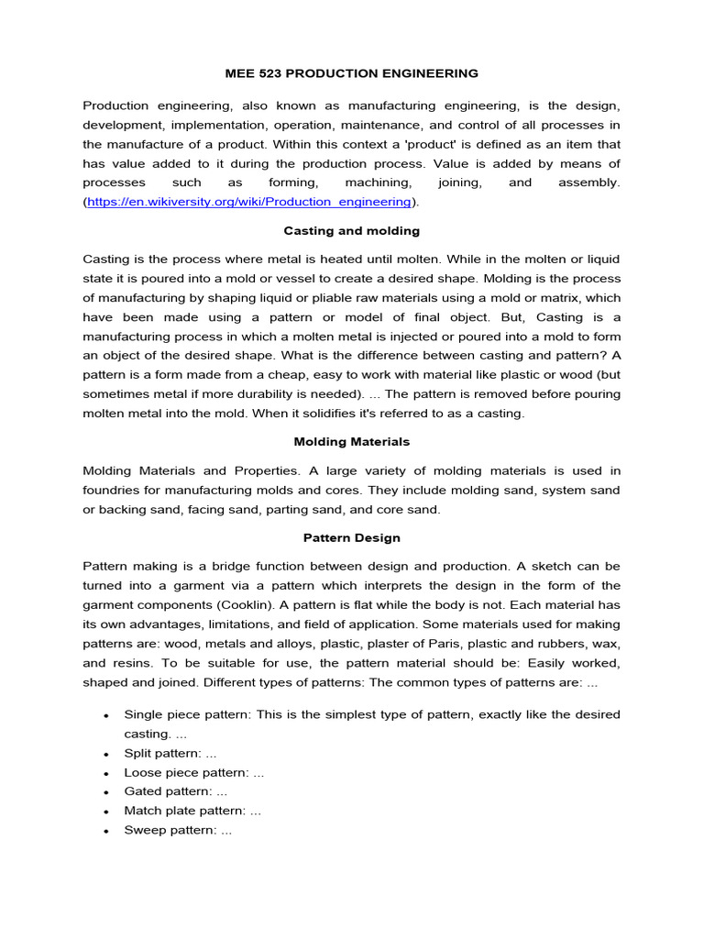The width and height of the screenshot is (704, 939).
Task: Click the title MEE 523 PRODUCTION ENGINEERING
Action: (x=351, y=72)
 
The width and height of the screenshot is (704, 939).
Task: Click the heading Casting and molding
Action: (x=351, y=230)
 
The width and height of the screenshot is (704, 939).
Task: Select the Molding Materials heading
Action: (x=351, y=441)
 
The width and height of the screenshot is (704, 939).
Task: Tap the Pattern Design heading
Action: (x=351, y=537)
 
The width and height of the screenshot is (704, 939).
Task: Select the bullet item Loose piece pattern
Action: (x=193, y=772)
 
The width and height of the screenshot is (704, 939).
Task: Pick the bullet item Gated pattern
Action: (x=175, y=791)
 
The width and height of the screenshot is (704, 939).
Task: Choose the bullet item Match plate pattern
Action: (x=192, y=811)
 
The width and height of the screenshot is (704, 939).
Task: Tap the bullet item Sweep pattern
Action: (x=178, y=830)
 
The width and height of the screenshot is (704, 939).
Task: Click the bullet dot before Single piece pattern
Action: (x=107, y=715)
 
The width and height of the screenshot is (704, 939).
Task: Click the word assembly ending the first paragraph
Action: (x=588, y=182)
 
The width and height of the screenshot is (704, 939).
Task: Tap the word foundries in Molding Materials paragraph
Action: (x=113, y=490)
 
